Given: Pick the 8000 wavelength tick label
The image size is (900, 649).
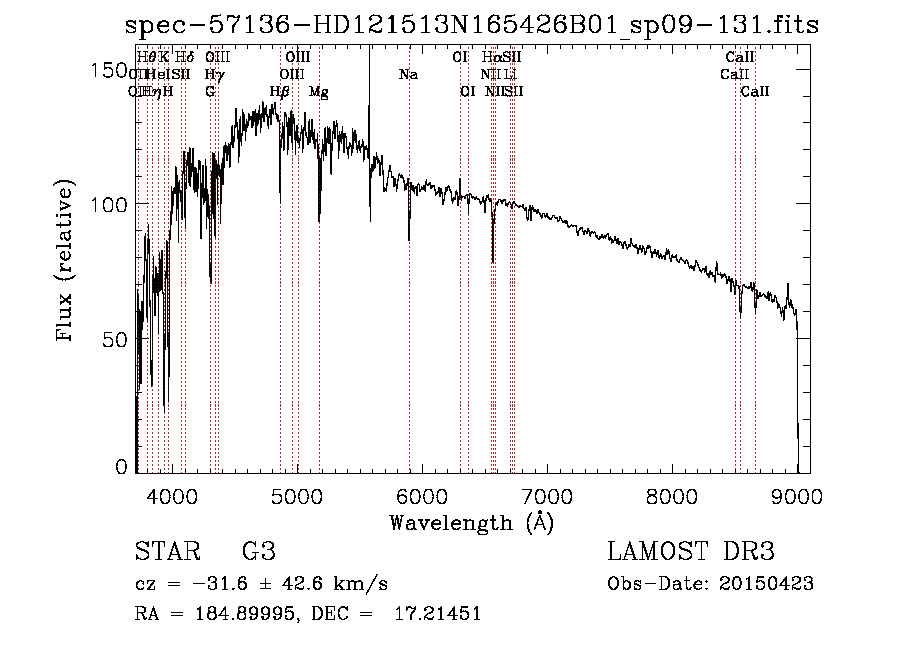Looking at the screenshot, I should coord(672,495).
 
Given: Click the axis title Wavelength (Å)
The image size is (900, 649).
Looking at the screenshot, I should coord(471,522).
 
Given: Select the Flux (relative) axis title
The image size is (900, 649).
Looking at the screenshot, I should coord(67,262).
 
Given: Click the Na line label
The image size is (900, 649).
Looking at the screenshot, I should coord(408,75).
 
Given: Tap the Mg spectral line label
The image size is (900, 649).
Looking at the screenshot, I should coord(319,92).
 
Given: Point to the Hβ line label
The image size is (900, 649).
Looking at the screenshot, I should coord(280,92).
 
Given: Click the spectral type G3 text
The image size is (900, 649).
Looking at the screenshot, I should coord(259,552).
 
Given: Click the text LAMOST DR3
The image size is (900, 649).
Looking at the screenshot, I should coord(691,552).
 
